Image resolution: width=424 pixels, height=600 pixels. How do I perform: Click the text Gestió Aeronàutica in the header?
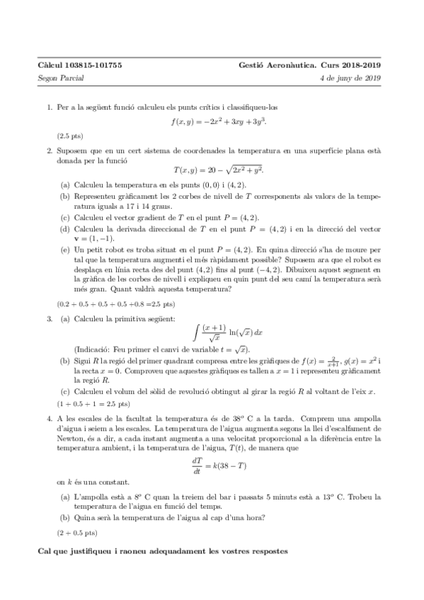pyautogui.click(x=273, y=65)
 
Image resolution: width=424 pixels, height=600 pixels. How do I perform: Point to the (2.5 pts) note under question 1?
pyautogui.click(x=69, y=136)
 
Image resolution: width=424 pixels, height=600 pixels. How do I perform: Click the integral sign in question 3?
pyautogui.click(x=196, y=332)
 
